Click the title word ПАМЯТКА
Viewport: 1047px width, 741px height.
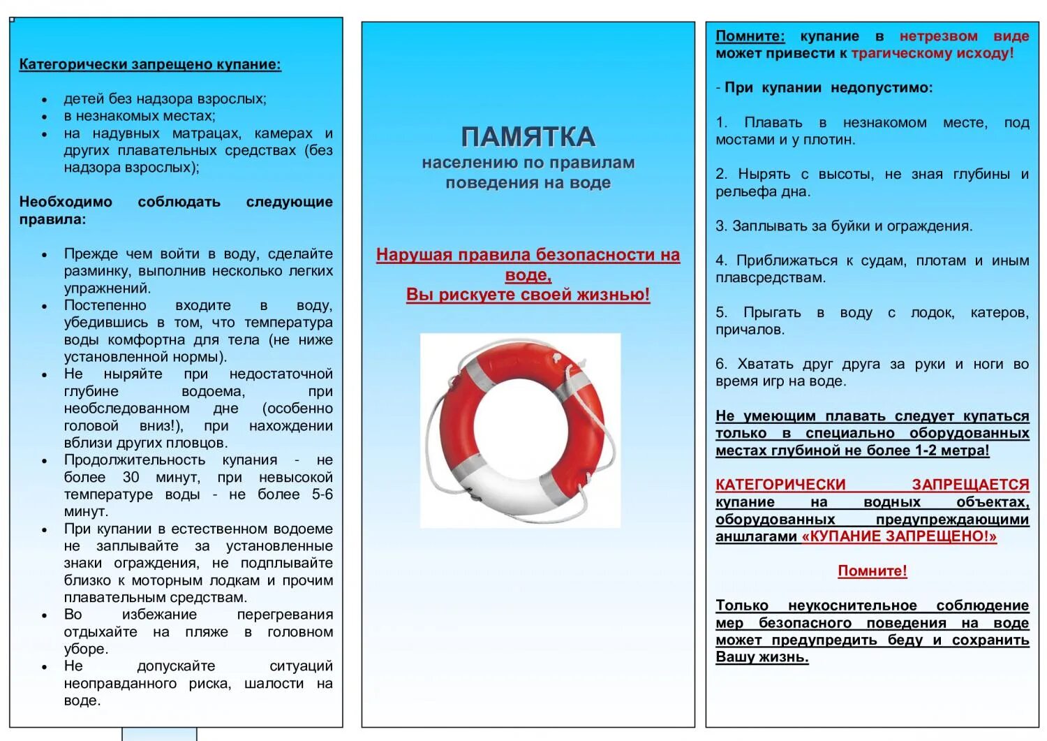528,137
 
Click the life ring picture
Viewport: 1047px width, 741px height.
520,429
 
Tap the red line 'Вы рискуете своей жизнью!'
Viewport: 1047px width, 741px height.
528,295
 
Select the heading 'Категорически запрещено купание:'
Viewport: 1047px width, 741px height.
150,65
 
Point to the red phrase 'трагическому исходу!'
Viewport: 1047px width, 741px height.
933,54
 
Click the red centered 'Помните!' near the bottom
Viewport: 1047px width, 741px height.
872,571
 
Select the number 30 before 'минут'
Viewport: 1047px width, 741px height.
131,478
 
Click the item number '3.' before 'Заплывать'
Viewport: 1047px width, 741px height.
722,226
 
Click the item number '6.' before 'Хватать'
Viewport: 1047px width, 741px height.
722,364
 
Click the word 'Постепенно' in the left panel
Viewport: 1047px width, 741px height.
105,306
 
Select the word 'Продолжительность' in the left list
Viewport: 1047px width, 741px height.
135,460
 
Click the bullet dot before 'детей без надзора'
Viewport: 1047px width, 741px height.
45,100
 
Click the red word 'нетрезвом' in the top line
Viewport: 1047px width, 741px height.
938,36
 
